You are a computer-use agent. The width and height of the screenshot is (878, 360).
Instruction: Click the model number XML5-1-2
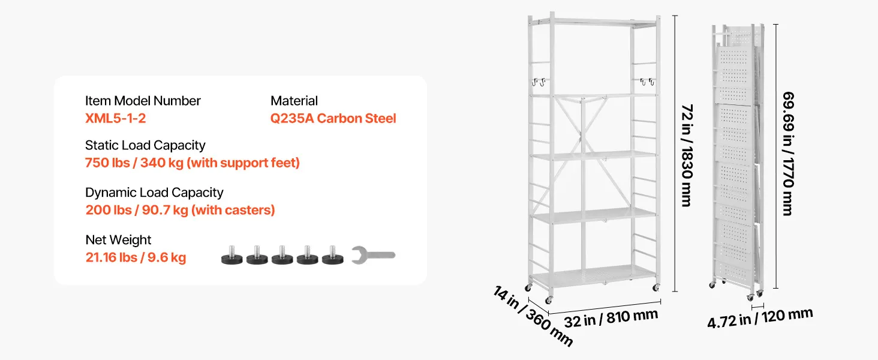116,118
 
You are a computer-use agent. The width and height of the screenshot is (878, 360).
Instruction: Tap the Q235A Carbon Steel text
333,118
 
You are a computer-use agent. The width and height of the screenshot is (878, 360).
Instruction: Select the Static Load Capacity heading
145,145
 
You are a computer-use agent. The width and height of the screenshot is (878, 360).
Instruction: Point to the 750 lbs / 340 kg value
134,163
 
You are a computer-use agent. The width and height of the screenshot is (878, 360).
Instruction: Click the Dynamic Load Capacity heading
154,193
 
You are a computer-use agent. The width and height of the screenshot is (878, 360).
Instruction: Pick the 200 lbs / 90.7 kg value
137,210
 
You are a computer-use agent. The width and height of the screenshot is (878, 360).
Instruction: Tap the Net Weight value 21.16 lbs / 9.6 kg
136,257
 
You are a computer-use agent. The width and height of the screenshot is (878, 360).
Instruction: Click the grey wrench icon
373,255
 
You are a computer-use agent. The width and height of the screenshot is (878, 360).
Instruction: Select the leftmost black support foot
231,255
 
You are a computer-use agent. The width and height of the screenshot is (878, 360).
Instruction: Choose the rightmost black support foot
333,255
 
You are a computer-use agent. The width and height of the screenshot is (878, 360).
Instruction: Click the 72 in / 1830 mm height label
687,155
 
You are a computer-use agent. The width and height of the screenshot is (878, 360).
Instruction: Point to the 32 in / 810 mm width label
611,319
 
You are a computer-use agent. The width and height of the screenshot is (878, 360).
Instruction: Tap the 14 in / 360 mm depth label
533,316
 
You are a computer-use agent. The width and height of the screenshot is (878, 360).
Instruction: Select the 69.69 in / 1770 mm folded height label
788,154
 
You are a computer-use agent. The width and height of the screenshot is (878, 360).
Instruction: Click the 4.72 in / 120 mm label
760,318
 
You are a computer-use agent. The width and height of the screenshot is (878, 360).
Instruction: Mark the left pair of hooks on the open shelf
539,82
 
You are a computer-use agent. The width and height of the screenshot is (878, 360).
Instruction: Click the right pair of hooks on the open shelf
647,82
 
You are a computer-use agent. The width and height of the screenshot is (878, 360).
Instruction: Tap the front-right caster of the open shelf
656,287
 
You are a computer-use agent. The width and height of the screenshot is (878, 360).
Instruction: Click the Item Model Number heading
143,101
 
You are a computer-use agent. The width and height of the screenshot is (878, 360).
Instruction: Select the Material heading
294,101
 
